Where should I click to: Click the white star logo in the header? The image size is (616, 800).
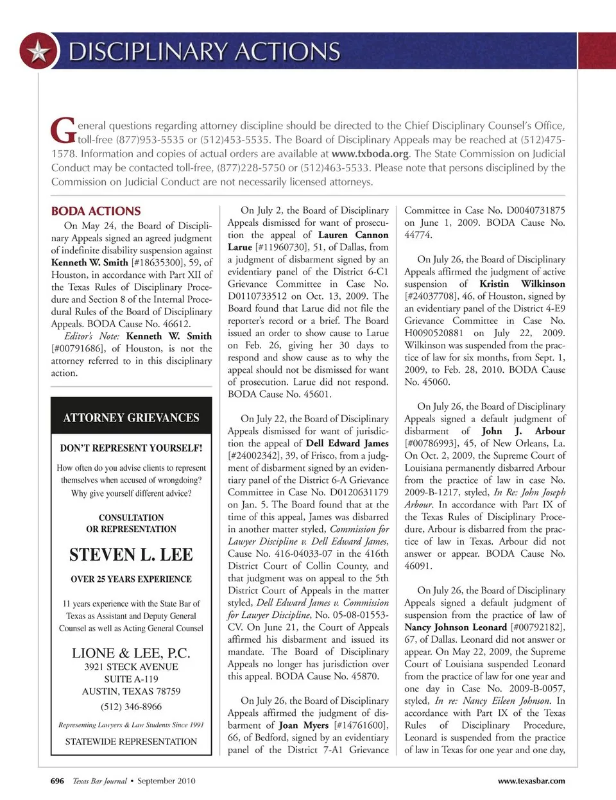coord(38,51)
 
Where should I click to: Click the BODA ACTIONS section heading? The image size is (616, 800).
coord(96,211)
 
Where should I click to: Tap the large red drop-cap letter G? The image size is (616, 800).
coord(64,130)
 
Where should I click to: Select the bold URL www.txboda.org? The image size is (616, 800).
coord(370,154)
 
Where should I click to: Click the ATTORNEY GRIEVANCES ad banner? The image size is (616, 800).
coord(131,418)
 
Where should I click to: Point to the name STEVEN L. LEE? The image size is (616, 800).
coord(131,554)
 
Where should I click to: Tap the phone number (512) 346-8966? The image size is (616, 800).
coord(131,706)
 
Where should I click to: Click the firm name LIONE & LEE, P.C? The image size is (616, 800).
coord(131,653)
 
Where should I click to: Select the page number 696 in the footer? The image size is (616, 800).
coord(57,781)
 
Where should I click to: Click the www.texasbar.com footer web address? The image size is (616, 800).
coord(531,781)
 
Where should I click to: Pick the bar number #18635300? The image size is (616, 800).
coord(157,262)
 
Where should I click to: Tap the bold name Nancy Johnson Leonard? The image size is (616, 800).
coord(456,627)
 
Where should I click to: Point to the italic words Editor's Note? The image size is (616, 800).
coord(92,336)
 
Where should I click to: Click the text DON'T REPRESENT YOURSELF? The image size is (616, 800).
coord(131,448)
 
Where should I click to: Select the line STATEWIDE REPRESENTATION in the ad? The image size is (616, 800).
coord(131,741)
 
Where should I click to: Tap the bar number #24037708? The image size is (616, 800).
coord(434,296)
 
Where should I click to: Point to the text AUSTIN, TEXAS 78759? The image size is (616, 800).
coord(131,691)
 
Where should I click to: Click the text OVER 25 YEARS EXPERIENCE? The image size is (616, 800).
coord(131,579)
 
